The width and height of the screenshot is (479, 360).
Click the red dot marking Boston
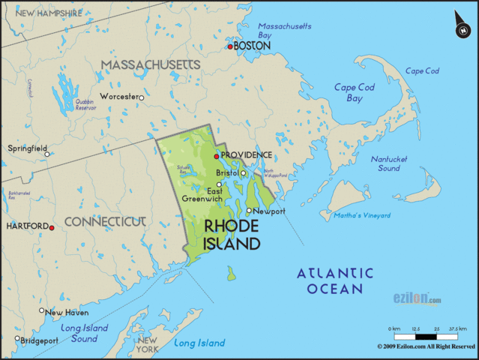coord(231,46)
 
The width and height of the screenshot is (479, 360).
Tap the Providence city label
coord(247,155)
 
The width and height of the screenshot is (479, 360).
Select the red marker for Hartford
coord(52,226)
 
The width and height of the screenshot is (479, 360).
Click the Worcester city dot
coord(140,97)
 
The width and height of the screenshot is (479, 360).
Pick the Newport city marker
coord(250,211)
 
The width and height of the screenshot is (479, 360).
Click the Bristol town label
coord(226,172)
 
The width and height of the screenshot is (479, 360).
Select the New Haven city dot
coord(42,310)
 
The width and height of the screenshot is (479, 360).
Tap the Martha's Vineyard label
coord(363,215)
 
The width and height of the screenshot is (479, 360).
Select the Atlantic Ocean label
coord(334,280)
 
